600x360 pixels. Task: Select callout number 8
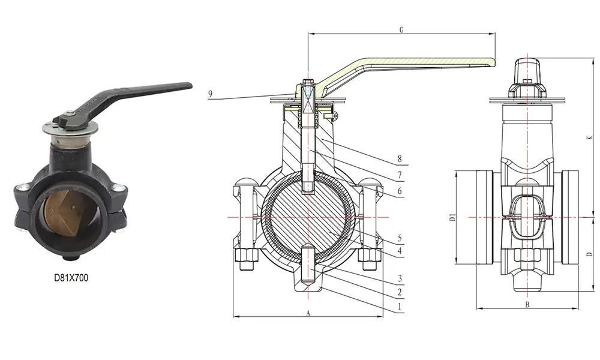398,159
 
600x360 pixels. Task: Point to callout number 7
398,176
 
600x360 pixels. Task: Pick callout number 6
398,192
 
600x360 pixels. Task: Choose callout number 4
398,250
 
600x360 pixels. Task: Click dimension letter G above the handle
400,29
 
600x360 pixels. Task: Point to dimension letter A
308,313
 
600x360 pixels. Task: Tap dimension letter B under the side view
526,305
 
